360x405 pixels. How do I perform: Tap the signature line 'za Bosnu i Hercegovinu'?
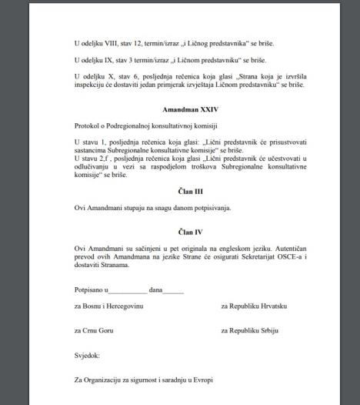[x=109, y=306]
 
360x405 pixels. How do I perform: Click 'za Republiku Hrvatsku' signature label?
[x=254, y=306]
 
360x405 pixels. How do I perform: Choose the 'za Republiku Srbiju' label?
[x=250, y=330]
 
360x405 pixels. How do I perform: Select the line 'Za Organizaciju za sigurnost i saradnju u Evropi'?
[x=143, y=380]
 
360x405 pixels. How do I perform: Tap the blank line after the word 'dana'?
[x=173, y=290]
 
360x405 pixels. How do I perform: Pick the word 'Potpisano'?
[x=90, y=290]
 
